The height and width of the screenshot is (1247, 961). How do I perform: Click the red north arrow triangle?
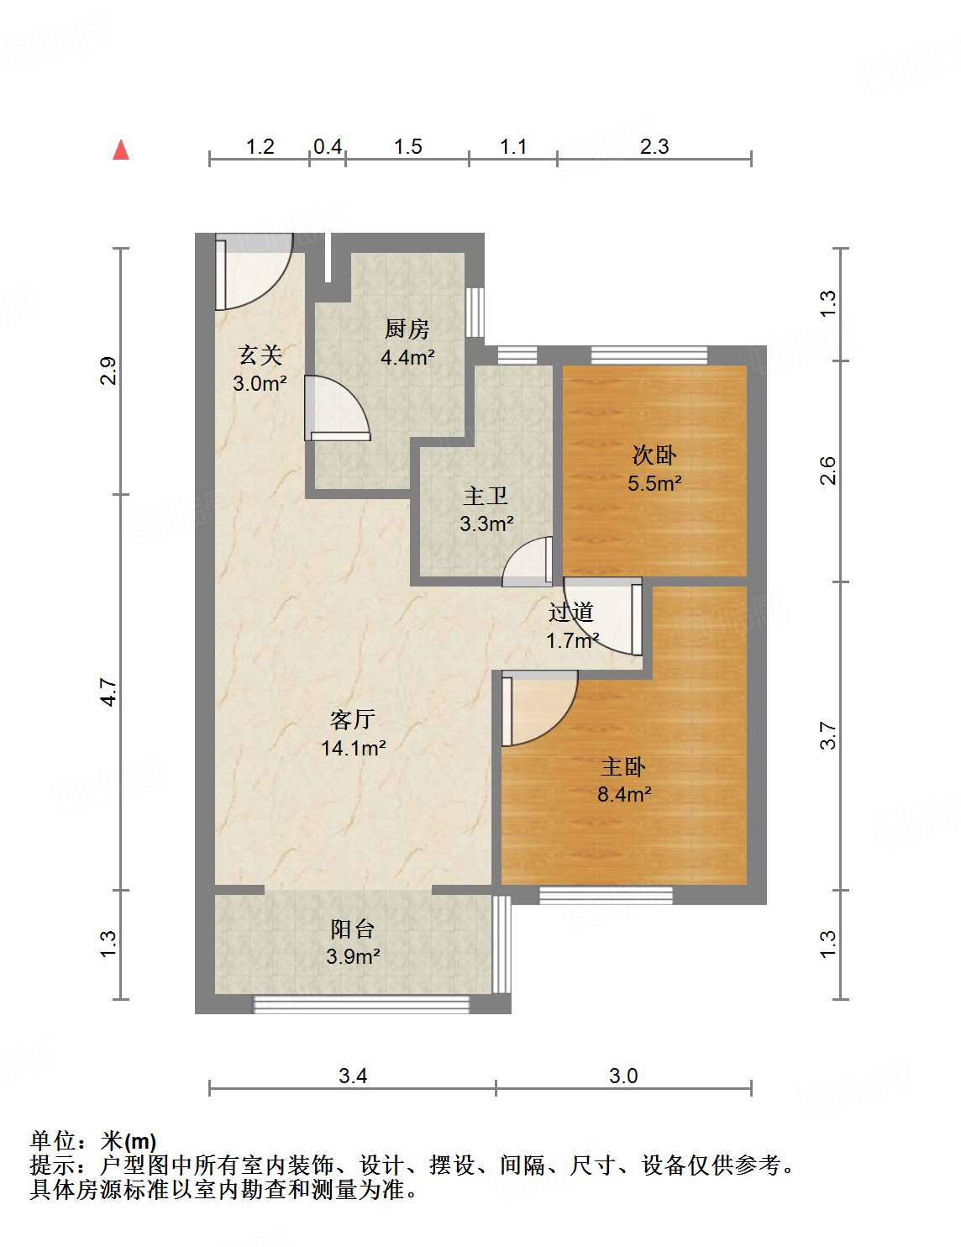[121, 150]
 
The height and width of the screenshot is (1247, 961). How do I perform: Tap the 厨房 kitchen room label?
[407, 329]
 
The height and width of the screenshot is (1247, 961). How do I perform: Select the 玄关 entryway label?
[260, 355]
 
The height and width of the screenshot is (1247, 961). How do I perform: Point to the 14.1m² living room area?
[353, 749]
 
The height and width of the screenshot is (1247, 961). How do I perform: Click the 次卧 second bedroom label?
[654, 455]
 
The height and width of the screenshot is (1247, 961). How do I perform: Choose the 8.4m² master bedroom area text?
[624, 794]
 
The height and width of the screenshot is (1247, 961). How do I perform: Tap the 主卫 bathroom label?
[486, 497]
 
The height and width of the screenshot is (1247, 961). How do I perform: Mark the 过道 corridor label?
[570, 613]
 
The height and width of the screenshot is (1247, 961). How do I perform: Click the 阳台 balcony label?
[352, 929]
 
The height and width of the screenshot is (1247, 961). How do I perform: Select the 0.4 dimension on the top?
[328, 147]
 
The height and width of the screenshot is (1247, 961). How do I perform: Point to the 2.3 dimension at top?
[654, 147]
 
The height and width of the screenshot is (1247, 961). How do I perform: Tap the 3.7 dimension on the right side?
[828, 735]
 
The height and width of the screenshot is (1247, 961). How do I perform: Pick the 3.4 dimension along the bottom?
[353, 1076]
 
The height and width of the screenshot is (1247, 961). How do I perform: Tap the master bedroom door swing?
[539, 708]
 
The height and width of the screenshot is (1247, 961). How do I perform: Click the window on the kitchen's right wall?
[475, 312]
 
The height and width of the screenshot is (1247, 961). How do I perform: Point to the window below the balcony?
[361, 1005]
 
